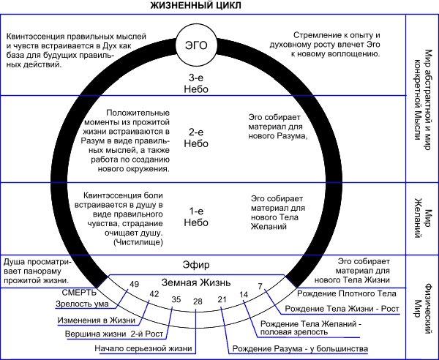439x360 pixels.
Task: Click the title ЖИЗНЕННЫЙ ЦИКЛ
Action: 195,6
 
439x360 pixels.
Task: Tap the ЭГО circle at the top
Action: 196,45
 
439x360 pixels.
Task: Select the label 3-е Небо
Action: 196,83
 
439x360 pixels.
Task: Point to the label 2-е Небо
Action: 196,138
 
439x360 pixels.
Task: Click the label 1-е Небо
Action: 196,217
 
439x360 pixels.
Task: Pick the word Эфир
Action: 196,265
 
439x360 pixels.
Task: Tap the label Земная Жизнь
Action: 196,282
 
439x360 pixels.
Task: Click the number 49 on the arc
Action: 134,284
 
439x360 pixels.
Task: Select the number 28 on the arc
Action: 198,301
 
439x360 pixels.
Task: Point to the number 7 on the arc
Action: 260,286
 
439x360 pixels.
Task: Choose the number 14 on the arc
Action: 244,294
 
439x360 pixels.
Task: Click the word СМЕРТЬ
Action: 79,293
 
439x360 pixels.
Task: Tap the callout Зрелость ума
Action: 82,304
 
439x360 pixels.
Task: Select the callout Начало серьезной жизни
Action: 143,348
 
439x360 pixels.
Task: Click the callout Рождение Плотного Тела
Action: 347,293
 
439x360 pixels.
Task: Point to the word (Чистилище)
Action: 138,242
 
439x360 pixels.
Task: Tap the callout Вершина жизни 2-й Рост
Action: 114,334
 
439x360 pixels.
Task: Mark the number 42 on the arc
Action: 154,294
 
